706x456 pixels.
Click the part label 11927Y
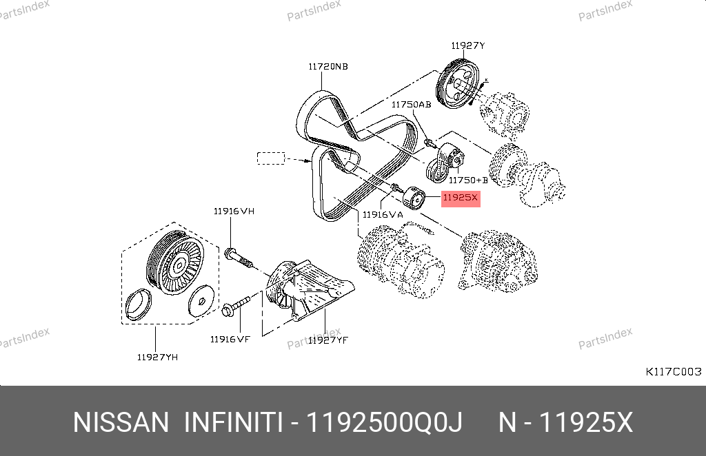coord(468,45)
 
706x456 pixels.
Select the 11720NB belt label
coord(328,67)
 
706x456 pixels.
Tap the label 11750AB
coord(411,104)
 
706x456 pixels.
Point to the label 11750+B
coord(468,180)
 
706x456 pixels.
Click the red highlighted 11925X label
coord(461,198)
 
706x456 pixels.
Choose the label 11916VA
coord(383,214)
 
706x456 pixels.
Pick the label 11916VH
coord(234,211)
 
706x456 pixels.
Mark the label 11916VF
coord(230,339)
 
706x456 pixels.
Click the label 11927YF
coord(328,340)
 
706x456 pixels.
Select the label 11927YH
coord(158,357)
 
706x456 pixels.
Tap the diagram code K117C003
coord(674,371)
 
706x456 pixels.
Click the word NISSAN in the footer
coord(121,423)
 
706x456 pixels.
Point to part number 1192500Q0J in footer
coord(384,423)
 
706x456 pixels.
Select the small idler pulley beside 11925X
coord(414,198)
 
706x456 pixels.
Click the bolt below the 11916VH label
coord(238,257)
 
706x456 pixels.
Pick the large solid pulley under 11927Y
coord(458,84)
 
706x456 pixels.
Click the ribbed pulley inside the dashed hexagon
coord(174,263)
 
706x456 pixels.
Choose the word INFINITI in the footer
coord(233,423)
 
